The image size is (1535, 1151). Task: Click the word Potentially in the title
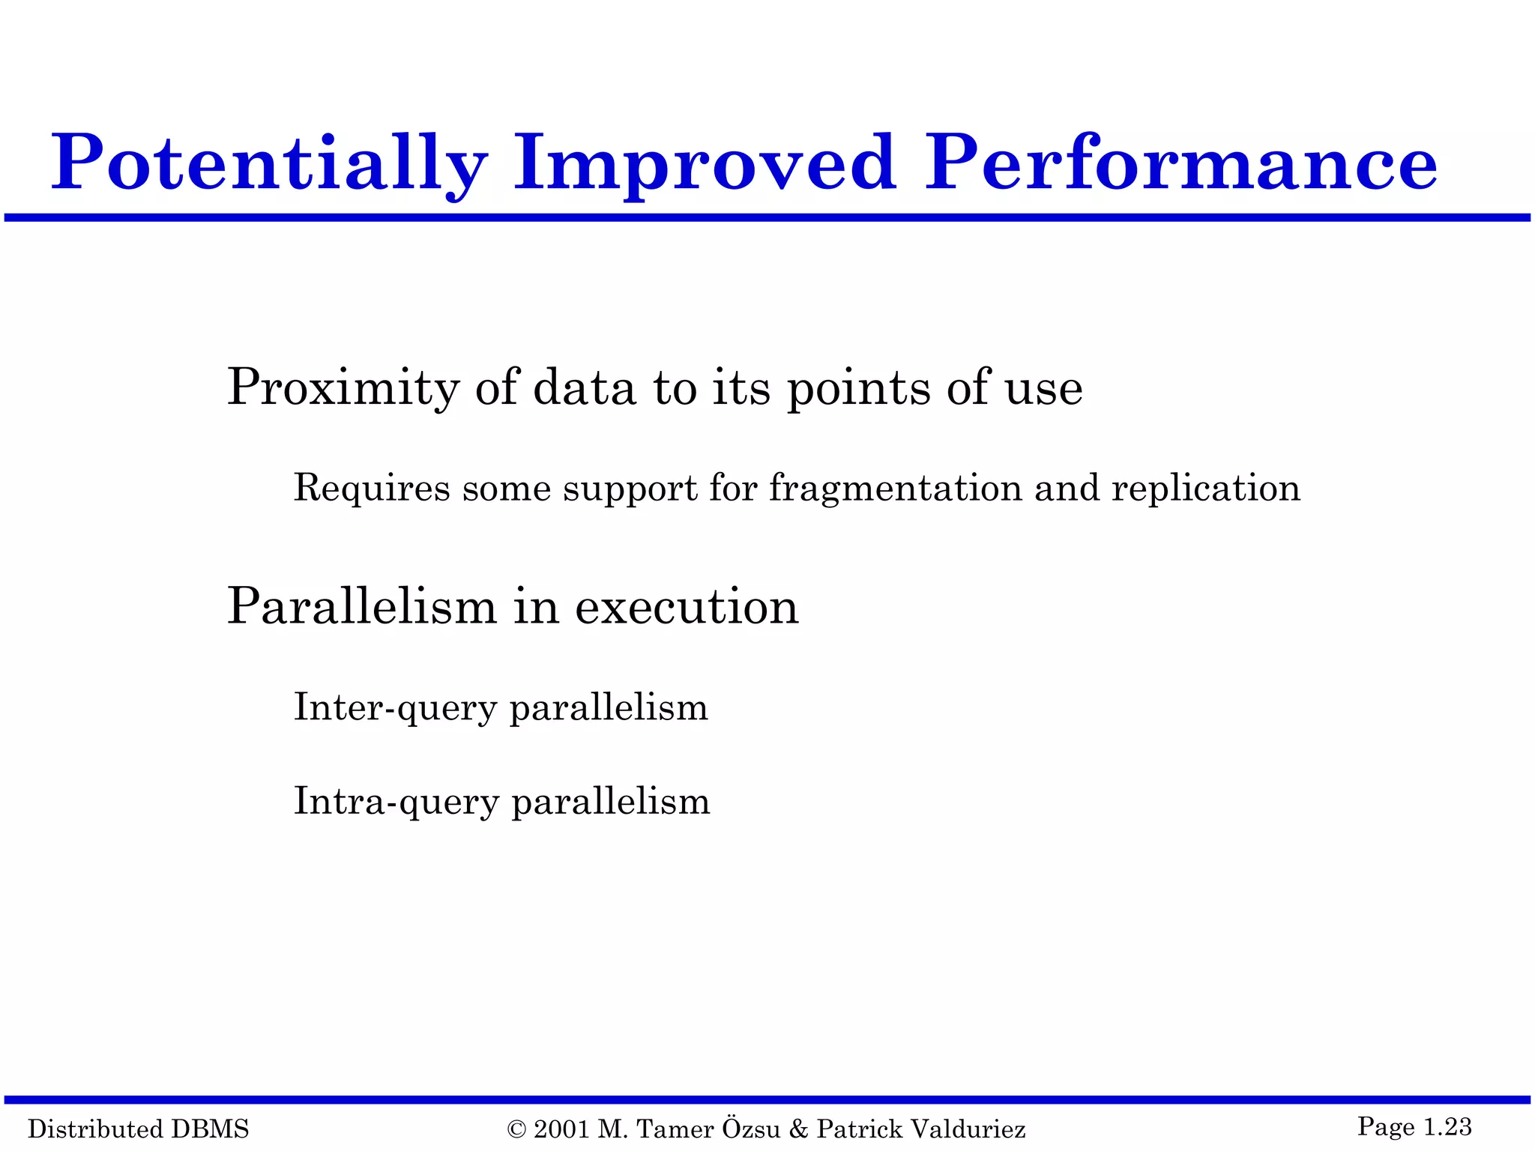pyautogui.click(x=270, y=163)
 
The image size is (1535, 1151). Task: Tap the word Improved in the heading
pyautogui.click(x=705, y=163)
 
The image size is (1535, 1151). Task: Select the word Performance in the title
pyautogui.click(x=1180, y=163)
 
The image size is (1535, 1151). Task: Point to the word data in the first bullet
pyautogui.click(x=584, y=388)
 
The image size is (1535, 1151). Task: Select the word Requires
pyautogui.click(x=372, y=489)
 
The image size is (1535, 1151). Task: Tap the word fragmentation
pyautogui.click(x=896, y=489)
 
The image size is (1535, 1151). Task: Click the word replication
pyautogui.click(x=1206, y=489)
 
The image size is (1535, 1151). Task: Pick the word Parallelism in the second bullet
pyautogui.click(x=362, y=606)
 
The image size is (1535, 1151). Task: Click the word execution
pyautogui.click(x=687, y=606)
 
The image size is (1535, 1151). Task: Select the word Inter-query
pyautogui.click(x=395, y=708)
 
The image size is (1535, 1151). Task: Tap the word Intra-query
pyautogui.click(x=396, y=802)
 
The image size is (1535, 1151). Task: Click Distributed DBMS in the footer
pyautogui.click(x=139, y=1129)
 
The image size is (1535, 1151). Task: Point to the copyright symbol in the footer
pyautogui.click(x=516, y=1129)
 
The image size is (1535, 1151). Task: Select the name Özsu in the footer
pyautogui.click(x=751, y=1128)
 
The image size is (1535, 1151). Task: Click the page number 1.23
pyautogui.click(x=1447, y=1126)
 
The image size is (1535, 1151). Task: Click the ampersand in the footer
pyautogui.click(x=798, y=1129)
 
